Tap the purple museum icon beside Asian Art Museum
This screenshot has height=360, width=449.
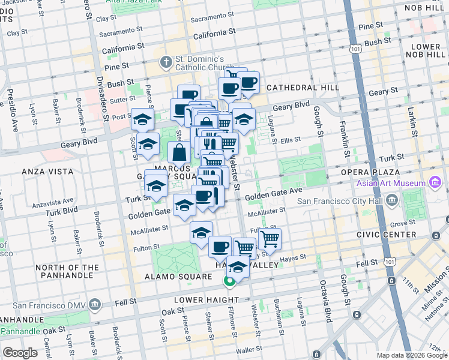(435, 183)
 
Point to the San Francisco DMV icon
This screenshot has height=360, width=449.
(94, 305)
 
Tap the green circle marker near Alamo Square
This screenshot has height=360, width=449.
(229, 280)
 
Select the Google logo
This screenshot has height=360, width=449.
(20, 353)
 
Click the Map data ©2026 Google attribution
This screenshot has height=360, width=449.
(411, 355)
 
